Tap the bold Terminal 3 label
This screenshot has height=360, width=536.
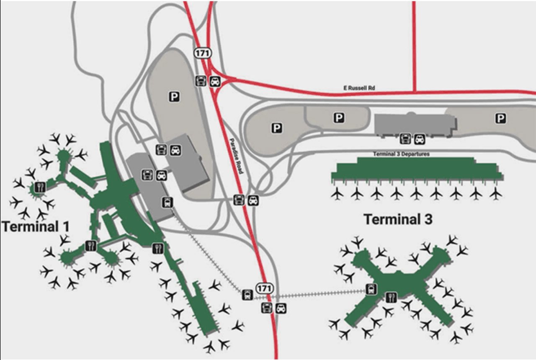point(397,219)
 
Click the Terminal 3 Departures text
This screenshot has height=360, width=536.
point(401,154)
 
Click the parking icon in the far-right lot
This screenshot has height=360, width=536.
point(500,119)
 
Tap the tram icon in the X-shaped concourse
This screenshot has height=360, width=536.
point(371,288)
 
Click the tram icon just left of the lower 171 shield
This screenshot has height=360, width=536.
point(247,295)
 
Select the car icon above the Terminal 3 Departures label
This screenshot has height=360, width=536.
point(419,138)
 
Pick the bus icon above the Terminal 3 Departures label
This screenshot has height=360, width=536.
point(405,138)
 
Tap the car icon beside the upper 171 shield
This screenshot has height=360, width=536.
point(215,81)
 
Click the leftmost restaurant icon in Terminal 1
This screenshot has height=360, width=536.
point(40,187)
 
